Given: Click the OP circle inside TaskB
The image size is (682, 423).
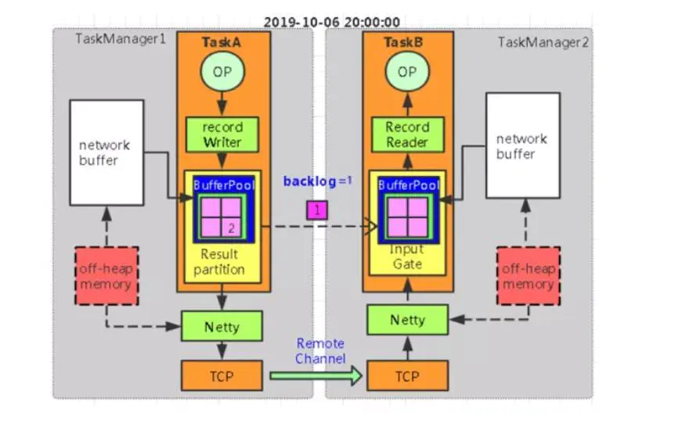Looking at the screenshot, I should click(x=407, y=72).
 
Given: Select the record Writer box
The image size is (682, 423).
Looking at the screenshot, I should click(x=223, y=134).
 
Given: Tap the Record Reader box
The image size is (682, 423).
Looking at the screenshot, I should click(x=407, y=134).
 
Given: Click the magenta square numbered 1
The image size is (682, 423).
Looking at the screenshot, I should click(x=317, y=210).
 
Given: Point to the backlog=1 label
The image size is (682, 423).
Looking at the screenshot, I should click(x=318, y=181).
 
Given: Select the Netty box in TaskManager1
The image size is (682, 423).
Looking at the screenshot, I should click(x=222, y=325).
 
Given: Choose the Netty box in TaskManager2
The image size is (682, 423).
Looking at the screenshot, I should click(x=407, y=320).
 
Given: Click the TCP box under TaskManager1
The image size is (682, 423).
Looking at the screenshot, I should click(x=222, y=376).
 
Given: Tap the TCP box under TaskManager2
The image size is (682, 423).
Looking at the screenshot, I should click(x=407, y=376).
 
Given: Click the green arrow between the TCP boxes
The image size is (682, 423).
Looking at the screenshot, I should click(x=316, y=376).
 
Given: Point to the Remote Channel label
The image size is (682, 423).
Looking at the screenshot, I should click(x=319, y=351).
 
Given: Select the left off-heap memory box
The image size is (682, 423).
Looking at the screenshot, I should click(x=106, y=276).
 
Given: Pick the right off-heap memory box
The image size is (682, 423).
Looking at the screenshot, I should click(x=528, y=276).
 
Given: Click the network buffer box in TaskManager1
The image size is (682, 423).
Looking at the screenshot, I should click(x=106, y=152).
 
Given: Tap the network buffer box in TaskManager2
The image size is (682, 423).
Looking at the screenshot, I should click(x=522, y=145).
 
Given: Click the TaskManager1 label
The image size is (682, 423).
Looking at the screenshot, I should click(x=121, y=39).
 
